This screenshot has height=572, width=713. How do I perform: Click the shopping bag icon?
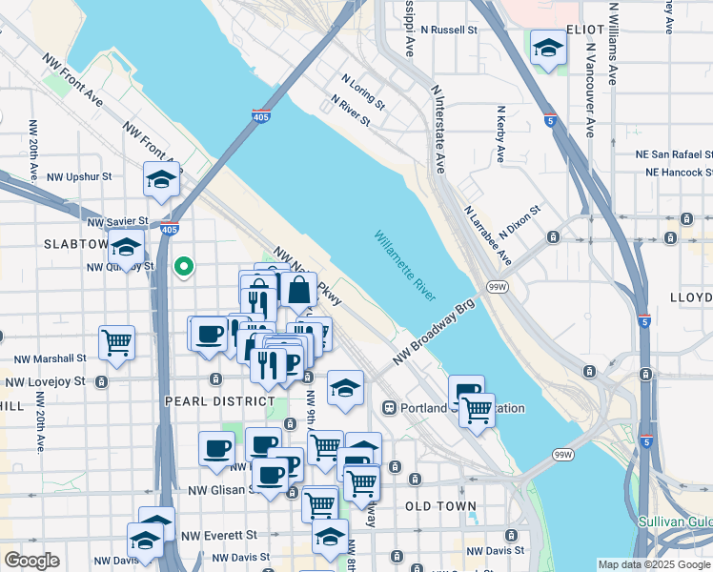[298, 290]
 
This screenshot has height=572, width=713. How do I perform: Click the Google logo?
[31, 561]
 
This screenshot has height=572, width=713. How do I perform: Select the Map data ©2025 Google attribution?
[654, 564]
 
